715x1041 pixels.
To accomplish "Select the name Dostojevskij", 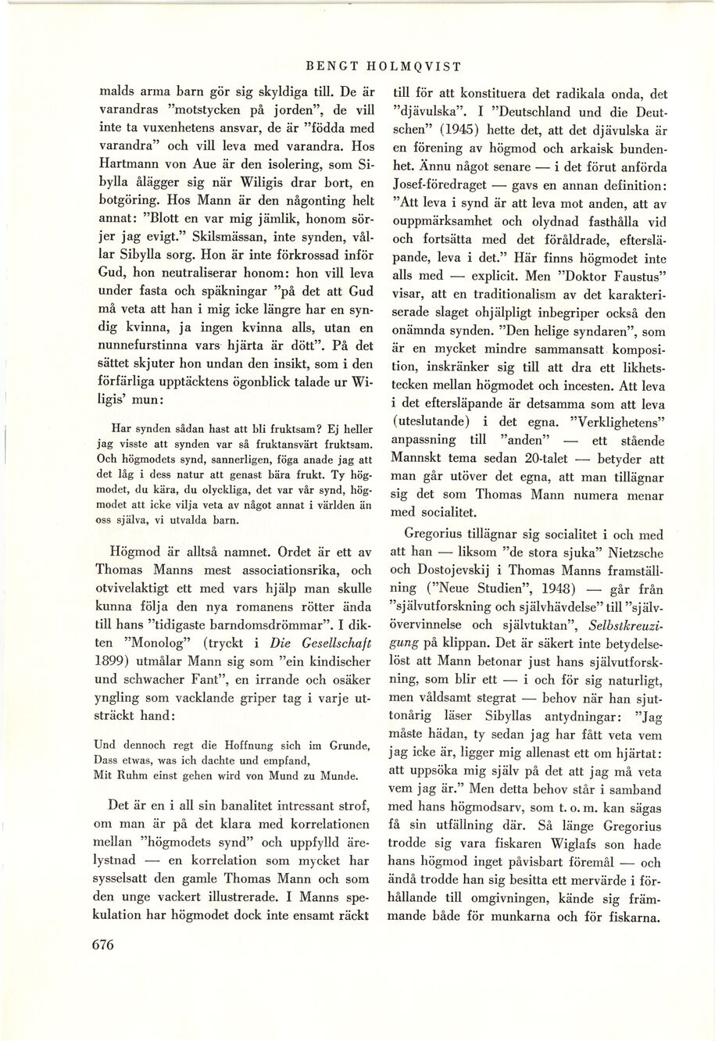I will point(445,571).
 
